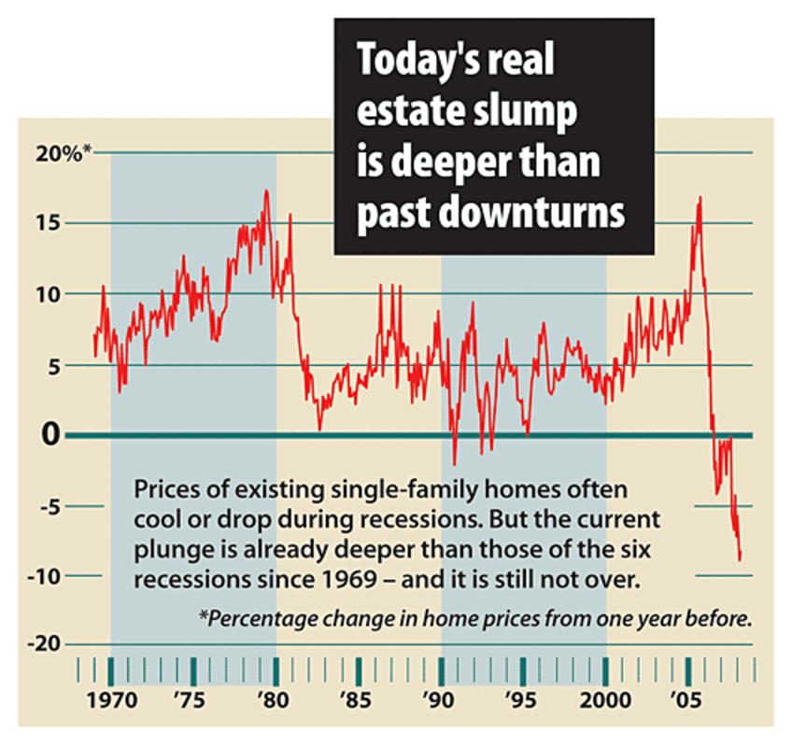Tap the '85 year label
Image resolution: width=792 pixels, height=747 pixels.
coord(357,700)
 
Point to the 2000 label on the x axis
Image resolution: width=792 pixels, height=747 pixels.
coord(604,700)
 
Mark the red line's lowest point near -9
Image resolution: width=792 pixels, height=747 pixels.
coord(741,560)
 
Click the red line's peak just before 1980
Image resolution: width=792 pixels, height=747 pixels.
coord(267,191)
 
